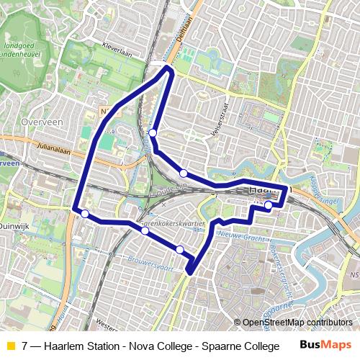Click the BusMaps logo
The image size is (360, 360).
[323, 346]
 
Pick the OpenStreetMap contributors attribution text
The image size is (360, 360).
[299, 323]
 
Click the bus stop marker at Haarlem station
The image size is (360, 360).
[268, 205]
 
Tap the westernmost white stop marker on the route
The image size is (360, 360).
[85, 213]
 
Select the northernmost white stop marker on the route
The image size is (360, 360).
[153, 132]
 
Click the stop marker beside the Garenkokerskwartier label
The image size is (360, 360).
[145, 231]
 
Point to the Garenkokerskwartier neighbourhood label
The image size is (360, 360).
[174, 225]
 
